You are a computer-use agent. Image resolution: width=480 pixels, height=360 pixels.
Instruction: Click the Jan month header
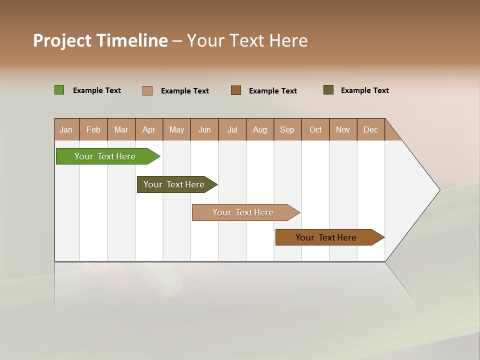(66, 129)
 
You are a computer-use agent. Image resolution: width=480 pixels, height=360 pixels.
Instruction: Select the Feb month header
(93, 129)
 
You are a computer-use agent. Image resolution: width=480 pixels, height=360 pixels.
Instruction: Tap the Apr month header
(149, 129)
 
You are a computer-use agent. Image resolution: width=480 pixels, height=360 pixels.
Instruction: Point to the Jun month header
(204, 129)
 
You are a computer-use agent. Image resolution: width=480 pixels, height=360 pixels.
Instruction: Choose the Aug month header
(260, 129)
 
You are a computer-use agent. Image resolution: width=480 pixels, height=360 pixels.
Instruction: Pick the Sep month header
(287, 129)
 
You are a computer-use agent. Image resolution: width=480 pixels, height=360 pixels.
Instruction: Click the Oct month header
(315, 129)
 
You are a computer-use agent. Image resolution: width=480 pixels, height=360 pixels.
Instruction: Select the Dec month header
(371, 129)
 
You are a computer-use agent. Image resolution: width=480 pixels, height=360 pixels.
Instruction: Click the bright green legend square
(59, 90)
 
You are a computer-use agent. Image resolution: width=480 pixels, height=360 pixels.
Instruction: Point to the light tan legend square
(147, 90)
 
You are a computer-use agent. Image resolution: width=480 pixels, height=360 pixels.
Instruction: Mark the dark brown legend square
(236, 90)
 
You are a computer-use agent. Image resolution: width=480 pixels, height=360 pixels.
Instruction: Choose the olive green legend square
(328, 90)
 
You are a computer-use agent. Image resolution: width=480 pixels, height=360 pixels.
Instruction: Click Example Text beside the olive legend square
(364, 90)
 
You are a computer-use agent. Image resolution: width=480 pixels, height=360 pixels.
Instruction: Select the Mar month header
(121, 129)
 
